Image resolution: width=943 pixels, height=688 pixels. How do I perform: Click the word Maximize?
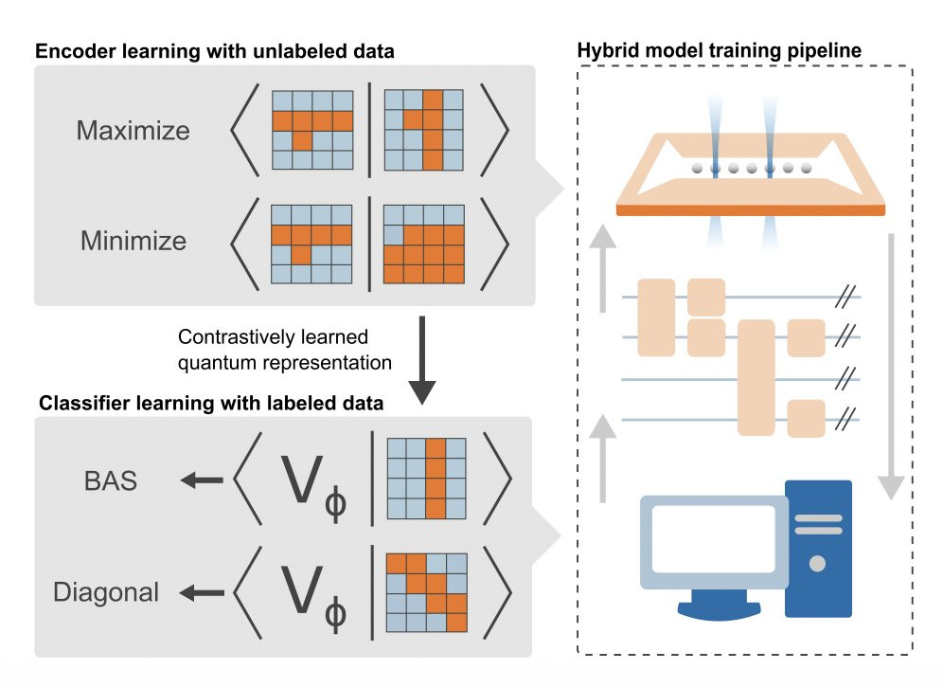[x=133, y=131]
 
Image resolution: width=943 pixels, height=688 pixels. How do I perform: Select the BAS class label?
[x=109, y=481]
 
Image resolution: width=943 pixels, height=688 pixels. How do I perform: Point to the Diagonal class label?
[x=106, y=594]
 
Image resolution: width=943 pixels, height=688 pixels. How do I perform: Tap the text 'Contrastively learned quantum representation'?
[x=272, y=348]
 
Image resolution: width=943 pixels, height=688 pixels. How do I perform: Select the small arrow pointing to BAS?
[x=202, y=481]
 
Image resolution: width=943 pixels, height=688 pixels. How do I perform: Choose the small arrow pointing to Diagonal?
[x=202, y=594]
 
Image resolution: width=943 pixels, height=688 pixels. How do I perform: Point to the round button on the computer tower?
[x=817, y=564]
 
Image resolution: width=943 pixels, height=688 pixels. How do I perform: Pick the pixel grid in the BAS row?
[x=426, y=479]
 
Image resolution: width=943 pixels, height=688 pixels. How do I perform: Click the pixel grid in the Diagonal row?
[x=426, y=592]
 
